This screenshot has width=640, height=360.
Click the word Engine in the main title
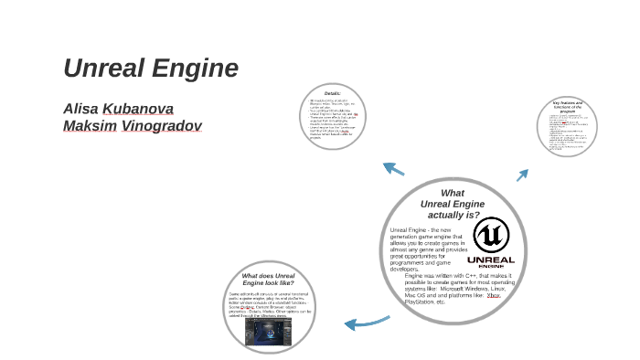(x=193, y=69)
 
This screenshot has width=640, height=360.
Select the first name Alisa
(x=80, y=109)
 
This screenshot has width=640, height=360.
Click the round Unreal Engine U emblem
(x=493, y=235)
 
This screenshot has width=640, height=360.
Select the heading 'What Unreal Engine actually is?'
(x=453, y=204)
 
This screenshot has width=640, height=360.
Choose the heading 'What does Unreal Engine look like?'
(x=268, y=280)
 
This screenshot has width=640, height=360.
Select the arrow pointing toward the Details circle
(x=393, y=168)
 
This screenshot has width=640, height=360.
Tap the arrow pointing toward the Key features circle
(x=523, y=175)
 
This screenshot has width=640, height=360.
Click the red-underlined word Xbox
(x=494, y=295)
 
